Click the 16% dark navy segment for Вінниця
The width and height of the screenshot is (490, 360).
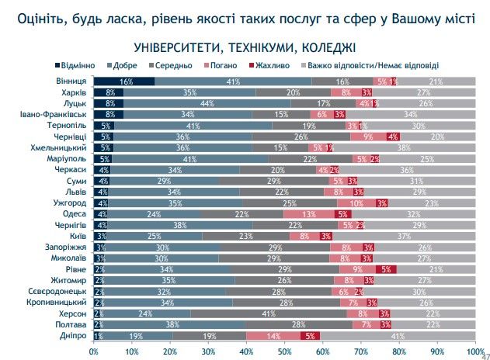[x=124, y=81]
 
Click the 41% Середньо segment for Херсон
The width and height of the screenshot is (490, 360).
[x=269, y=314]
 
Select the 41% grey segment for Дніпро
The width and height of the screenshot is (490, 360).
[x=398, y=336]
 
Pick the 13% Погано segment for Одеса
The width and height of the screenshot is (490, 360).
[x=309, y=214]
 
